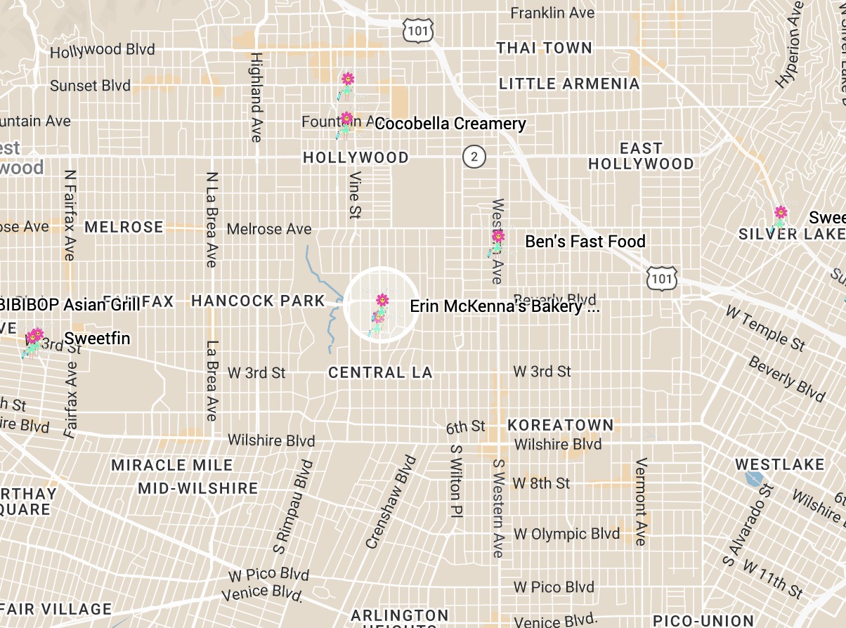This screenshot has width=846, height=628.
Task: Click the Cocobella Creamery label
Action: click(450, 124)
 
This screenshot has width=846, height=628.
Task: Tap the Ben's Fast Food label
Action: click(585, 242)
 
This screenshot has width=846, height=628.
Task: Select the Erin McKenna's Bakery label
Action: click(504, 306)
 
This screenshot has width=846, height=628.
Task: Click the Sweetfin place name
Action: click(97, 339)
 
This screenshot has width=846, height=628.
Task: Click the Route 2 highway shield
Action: click(474, 156)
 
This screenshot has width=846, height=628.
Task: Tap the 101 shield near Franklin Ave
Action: click(418, 30)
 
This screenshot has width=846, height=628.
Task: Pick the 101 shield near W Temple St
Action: click(663, 279)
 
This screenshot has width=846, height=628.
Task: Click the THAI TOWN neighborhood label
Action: click(545, 48)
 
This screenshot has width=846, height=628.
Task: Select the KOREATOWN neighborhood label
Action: click(561, 425)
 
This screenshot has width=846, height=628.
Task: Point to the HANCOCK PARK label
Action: click(258, 301)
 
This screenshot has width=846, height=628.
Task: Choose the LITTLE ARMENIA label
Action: click(569, 84)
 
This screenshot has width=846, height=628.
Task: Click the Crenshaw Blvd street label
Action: click(391, 502)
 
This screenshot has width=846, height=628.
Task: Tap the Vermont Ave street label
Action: click(640, 502)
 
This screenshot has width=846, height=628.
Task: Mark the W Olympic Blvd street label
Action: click(566, 534)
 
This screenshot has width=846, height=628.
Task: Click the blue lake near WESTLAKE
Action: click(754, 479)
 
